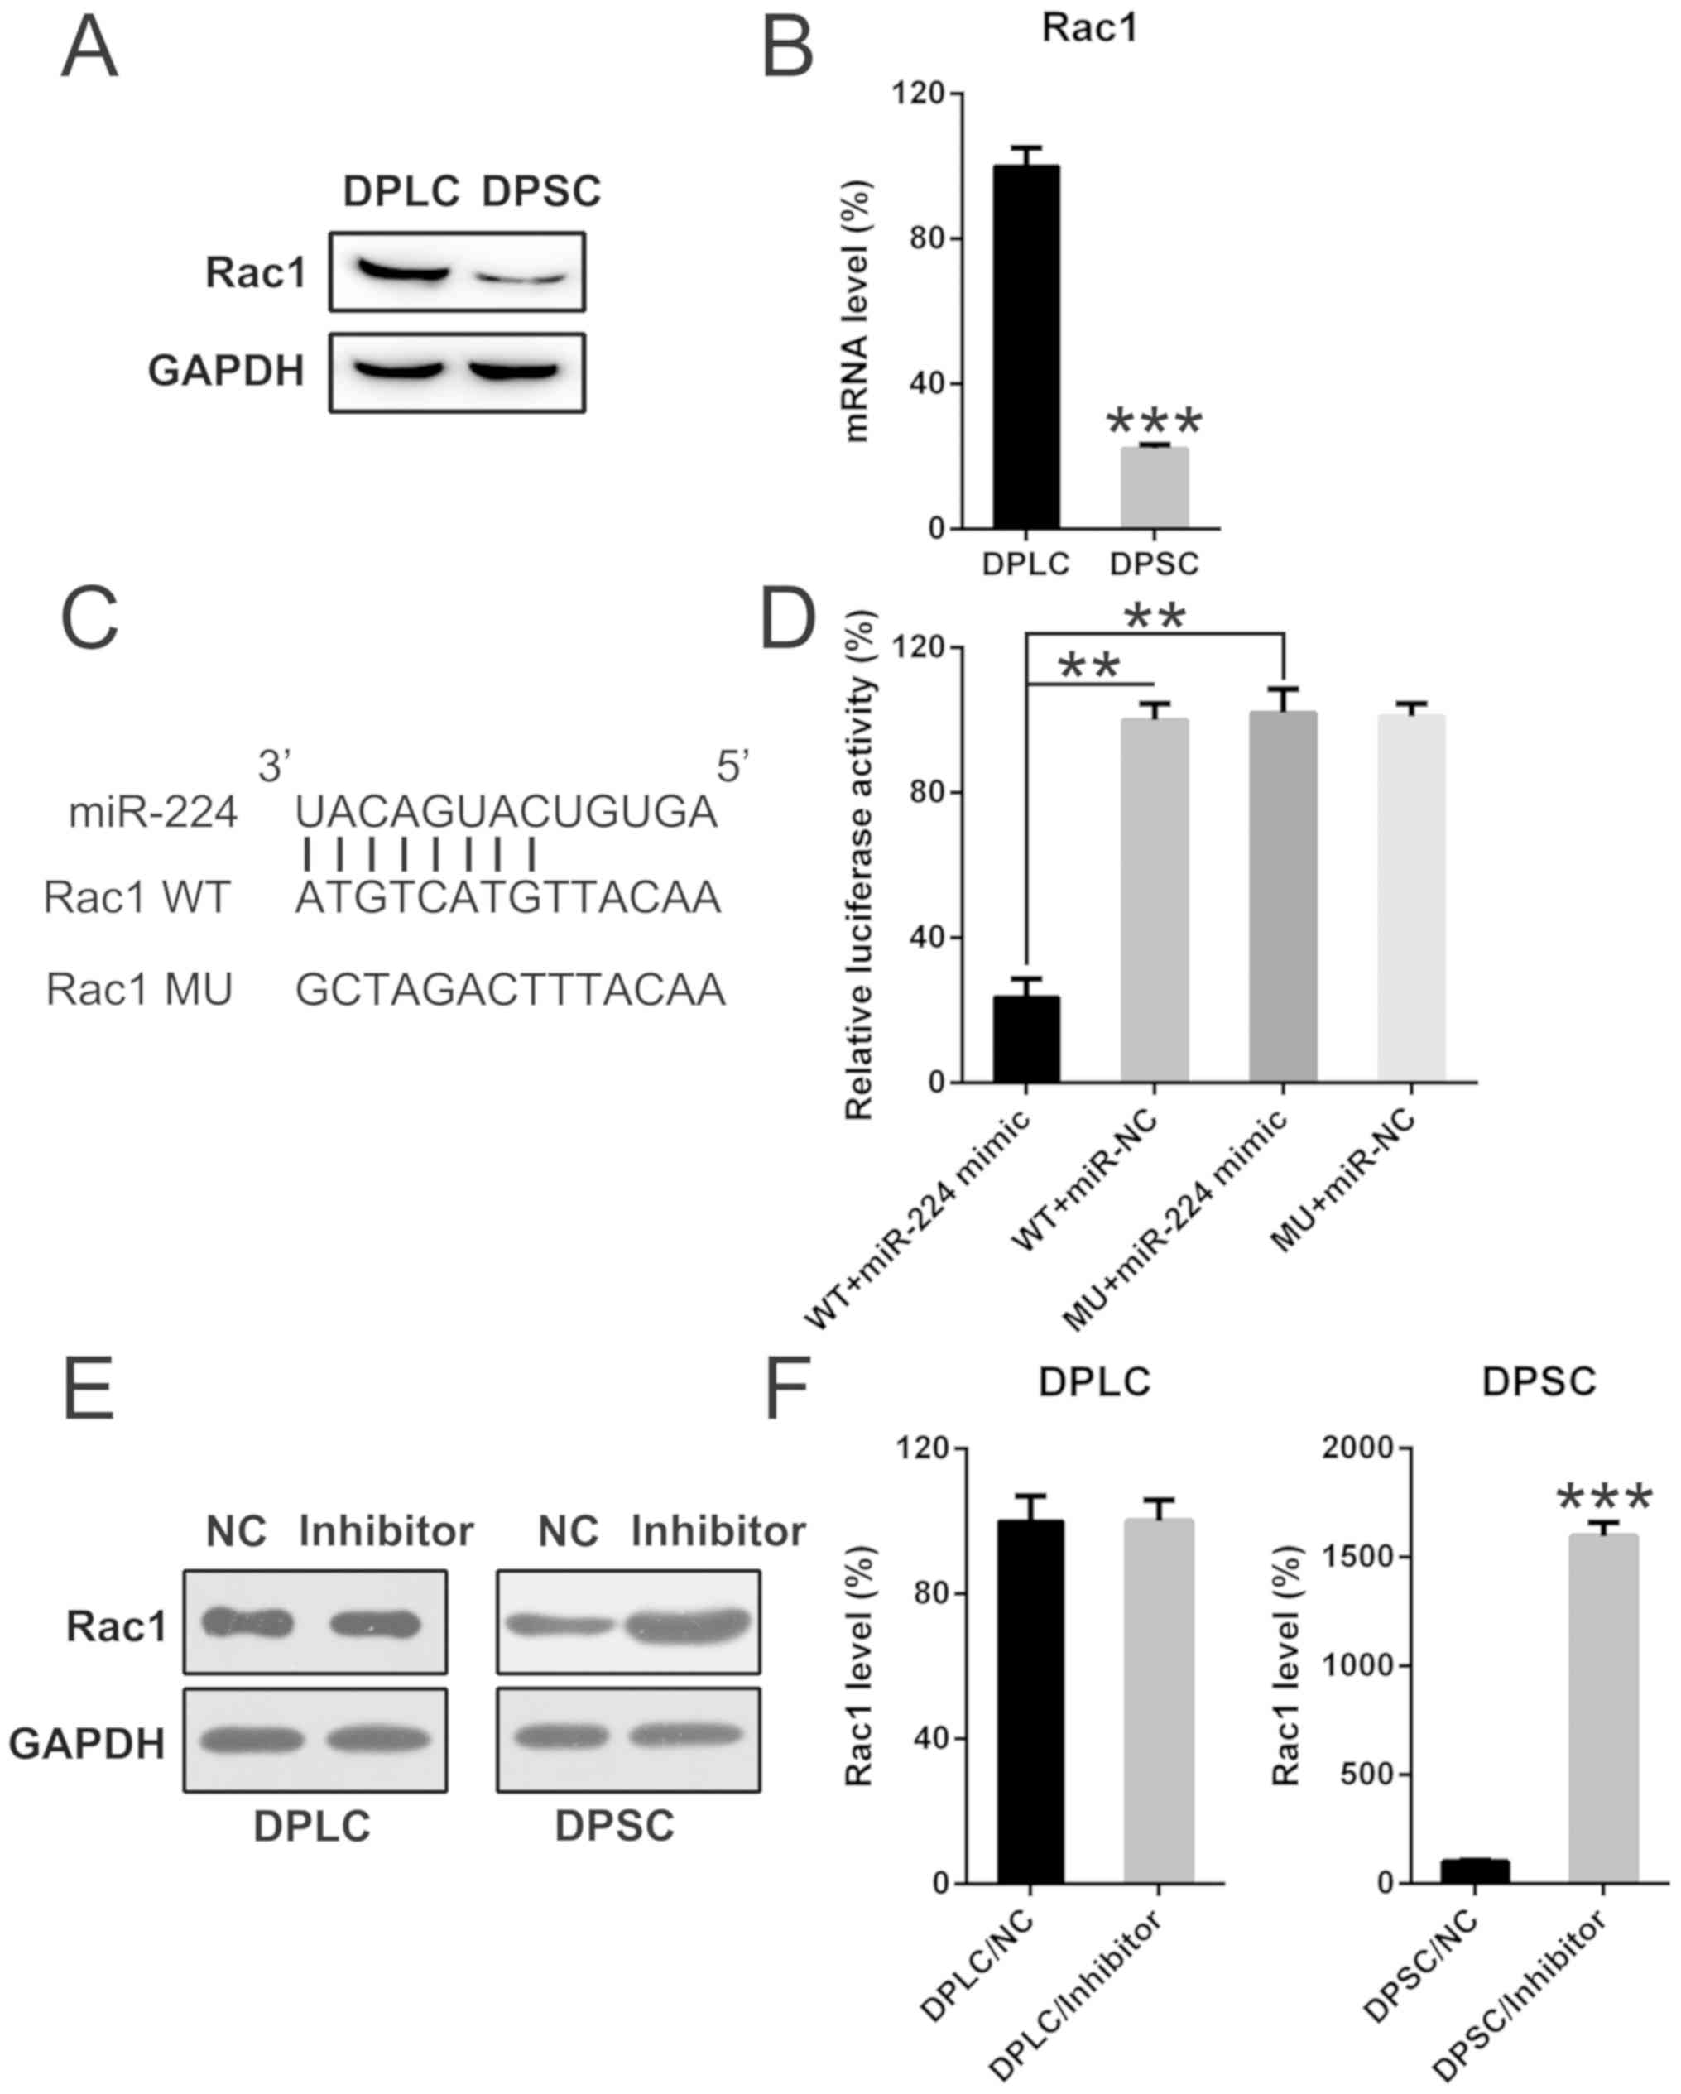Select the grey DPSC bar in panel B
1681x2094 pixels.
coord(1154,487)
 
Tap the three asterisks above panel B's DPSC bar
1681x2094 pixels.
coord(1155,421)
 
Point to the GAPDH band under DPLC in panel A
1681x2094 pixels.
coord(398,370)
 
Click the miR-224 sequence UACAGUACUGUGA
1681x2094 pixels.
coord(506,812)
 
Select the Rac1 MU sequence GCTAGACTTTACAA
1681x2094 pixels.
coord(510,990)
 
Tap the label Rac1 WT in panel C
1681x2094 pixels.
coord(137,897)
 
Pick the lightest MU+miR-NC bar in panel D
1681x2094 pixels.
coord(1411,898)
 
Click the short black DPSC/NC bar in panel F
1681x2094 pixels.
coord(1474,1871)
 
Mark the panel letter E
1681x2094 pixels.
coord(89,1390)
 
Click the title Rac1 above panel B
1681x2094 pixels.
coord(1089,27)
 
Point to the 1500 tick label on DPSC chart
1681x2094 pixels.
coord(1356,1557)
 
